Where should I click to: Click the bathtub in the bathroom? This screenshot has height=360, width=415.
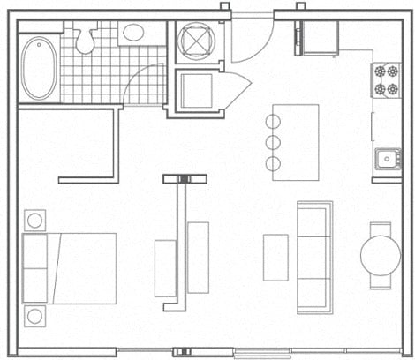[x=40, y=68]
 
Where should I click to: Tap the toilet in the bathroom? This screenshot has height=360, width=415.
[x=87, y=38]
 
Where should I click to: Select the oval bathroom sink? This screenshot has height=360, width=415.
[x=134, y=34]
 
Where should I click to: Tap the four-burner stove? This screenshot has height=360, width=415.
[x=386, y=79]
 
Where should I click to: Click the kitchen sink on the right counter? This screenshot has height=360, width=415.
[x=385, y=159]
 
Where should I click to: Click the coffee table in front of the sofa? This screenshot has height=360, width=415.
[x=276, y=257]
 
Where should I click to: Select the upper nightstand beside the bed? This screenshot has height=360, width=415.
[x=35, y=220]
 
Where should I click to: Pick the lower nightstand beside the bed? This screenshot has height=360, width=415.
[x=35, y=315]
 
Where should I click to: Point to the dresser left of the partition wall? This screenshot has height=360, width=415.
[x=165, y=267]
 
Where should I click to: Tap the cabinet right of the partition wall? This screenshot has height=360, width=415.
[x=199, y=258]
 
